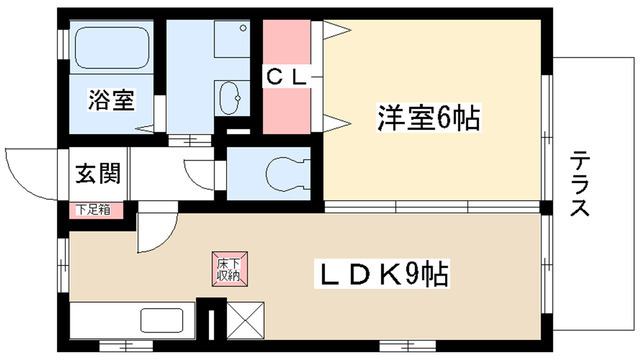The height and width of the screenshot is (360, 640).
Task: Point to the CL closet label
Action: (x=291, y=77)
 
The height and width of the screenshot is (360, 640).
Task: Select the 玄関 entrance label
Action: (x=98, y=174)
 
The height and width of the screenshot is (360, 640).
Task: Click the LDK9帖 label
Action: (x=382, y=272)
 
